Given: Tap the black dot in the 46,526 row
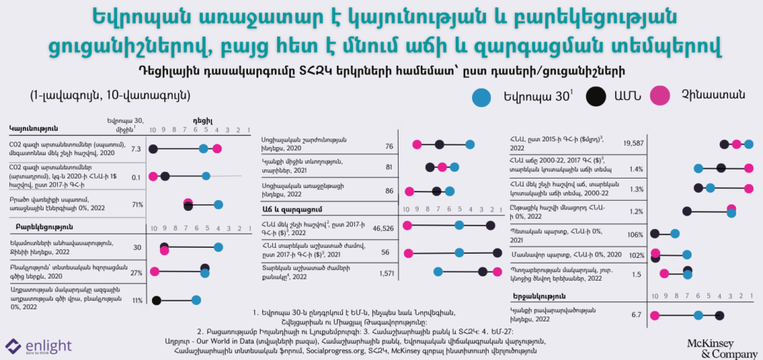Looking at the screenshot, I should coord(491,226).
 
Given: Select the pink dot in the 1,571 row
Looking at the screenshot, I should coord(495,271).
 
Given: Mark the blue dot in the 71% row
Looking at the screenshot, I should coord(219,204).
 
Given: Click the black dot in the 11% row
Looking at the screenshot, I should coord(156,300).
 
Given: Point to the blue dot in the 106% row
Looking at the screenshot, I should coord(674,234).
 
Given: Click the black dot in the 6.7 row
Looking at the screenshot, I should coord(719,315).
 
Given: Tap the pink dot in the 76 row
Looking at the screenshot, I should coord(417,145).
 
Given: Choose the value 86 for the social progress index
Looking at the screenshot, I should coord(389,191).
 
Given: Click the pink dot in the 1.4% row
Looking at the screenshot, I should coord(738,169).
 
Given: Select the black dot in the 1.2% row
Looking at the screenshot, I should coord(687,211).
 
